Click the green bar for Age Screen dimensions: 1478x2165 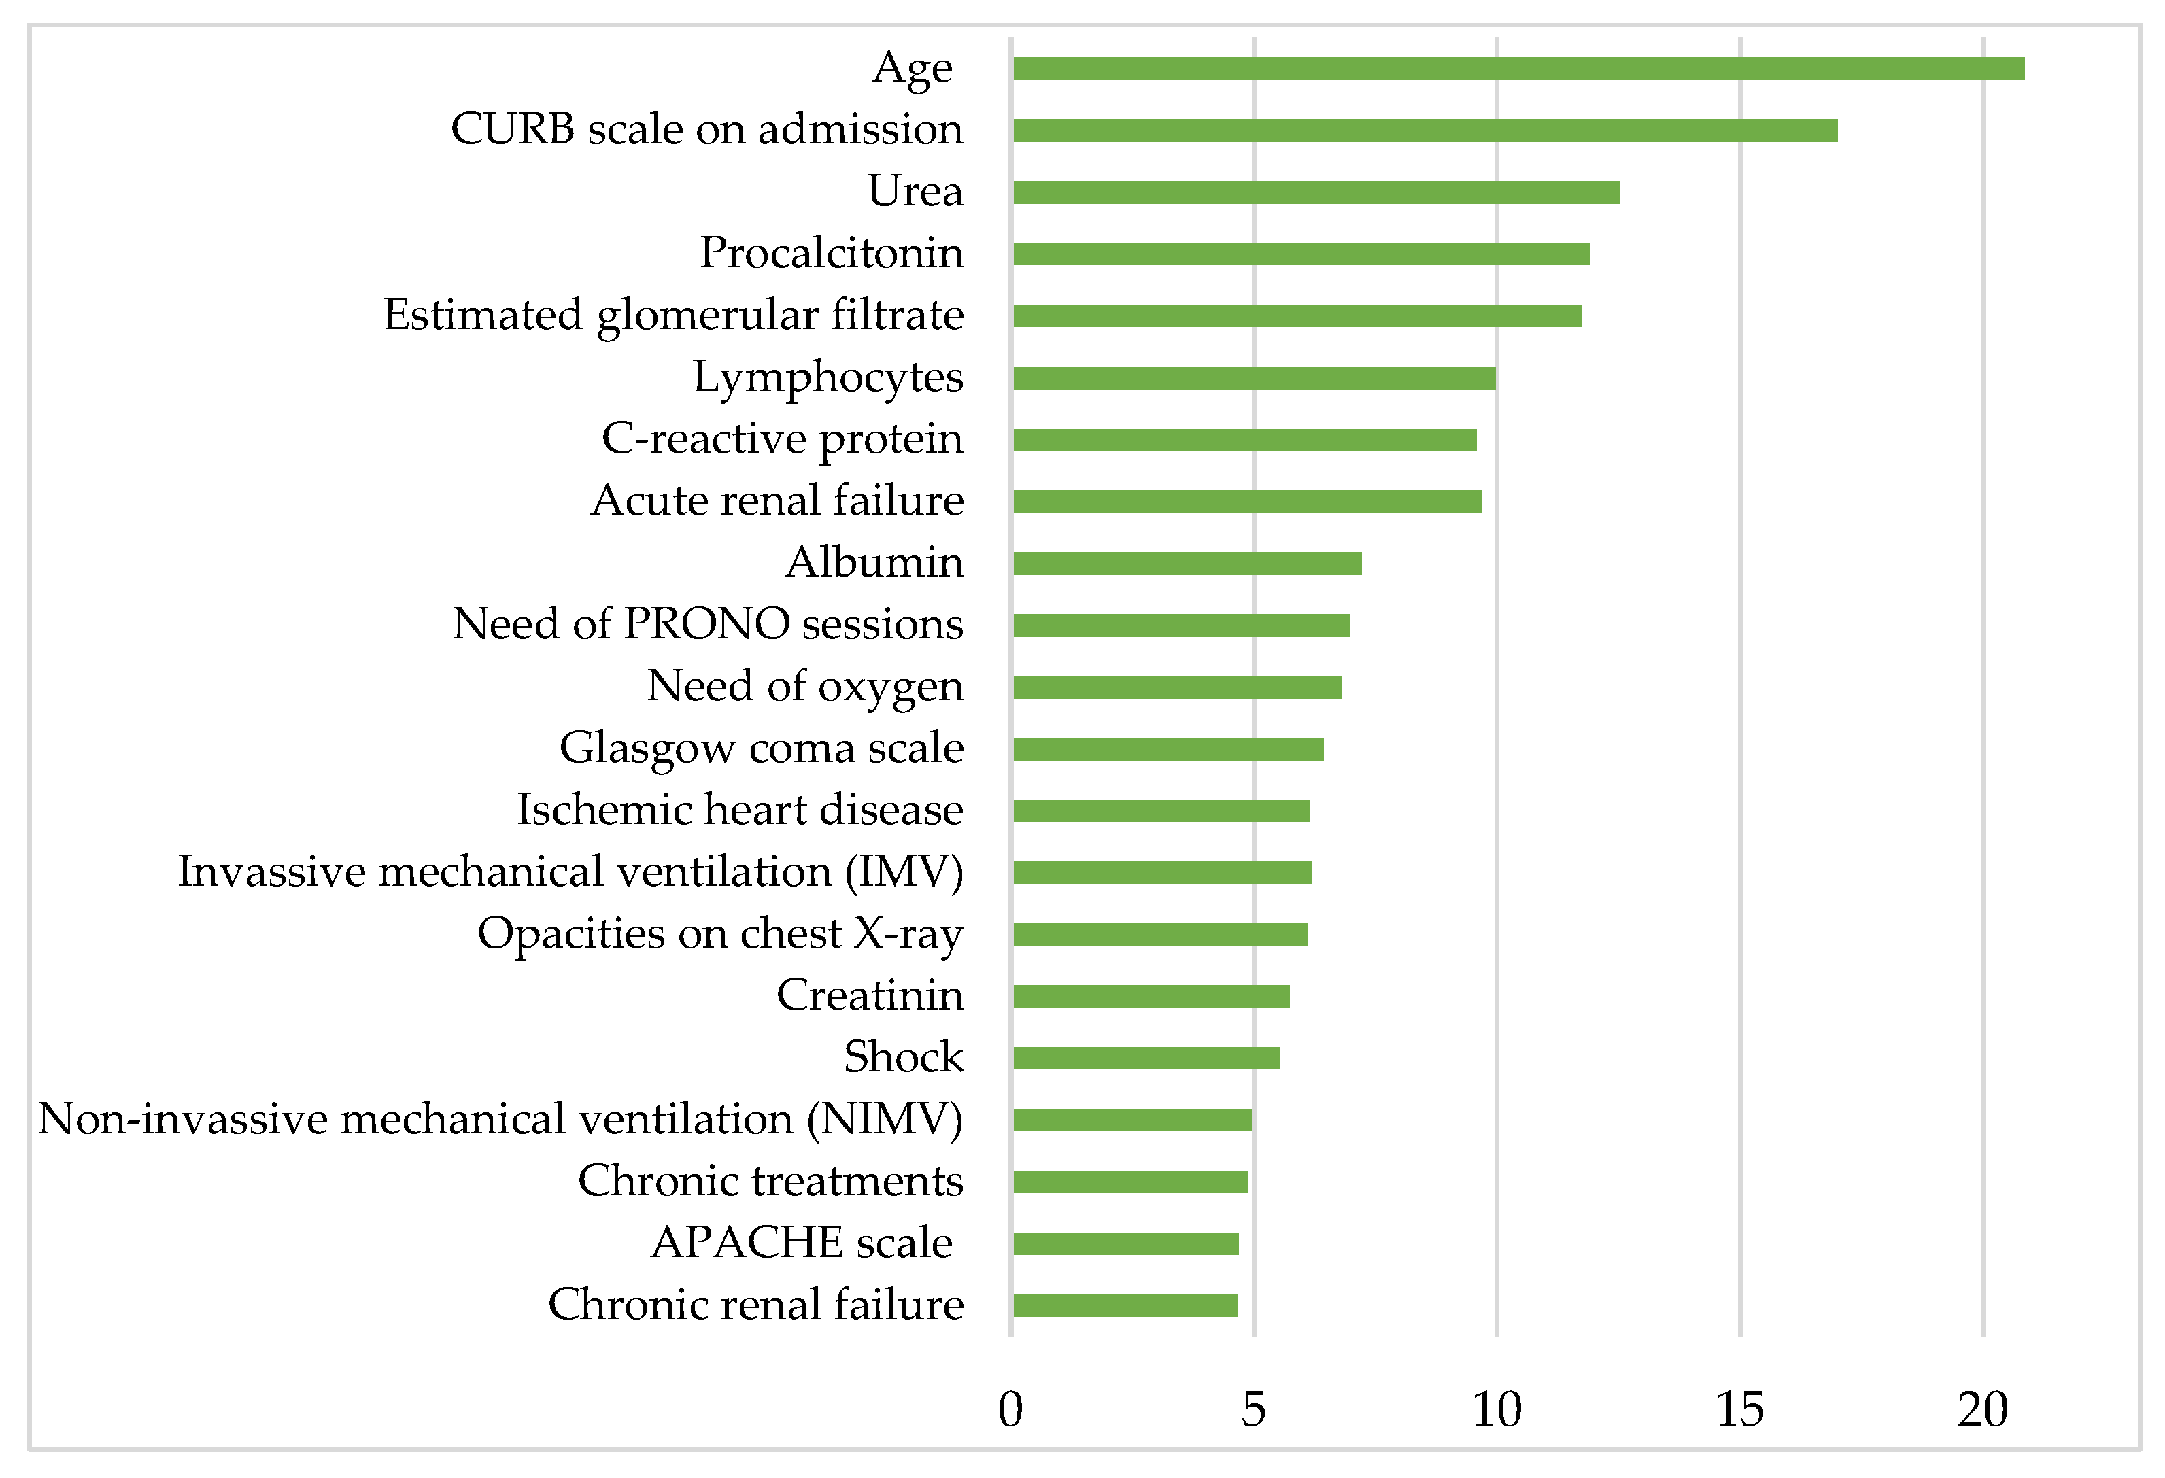[x=1518, y=69]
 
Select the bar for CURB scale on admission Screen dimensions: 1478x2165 [x=1425, y=131]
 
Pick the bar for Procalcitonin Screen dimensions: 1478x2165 [x=1301, y=254]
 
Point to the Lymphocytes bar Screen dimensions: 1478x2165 [x=1254, y=378]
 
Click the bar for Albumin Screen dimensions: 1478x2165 [x=1187, y=564]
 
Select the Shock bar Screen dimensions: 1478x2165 [x=1146, y=1058]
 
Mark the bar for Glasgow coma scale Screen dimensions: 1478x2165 [x=1168, y=749]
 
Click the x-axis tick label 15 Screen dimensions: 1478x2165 [x=1739, y=1410]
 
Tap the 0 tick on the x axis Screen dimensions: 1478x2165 [x=1011, y=1410]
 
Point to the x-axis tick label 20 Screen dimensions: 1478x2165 [x=1982, y=1410]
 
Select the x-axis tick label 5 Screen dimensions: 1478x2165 [x=1254, y=1410]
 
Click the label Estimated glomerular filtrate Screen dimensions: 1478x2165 [x=674, y=315]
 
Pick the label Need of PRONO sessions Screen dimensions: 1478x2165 [x=707, y=624]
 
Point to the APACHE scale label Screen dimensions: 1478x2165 [x=801, y=1242]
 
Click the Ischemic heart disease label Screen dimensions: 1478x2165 [x=740, y=809]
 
